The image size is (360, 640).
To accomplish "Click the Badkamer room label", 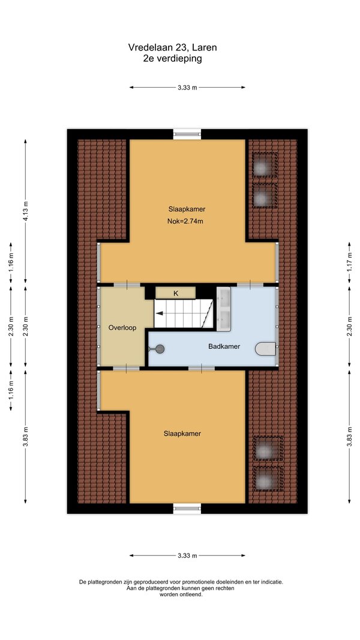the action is click(x=224, y=346).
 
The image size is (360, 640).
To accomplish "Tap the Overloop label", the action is click(x=122, y=327).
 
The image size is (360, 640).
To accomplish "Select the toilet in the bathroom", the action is click(x=266, y=349).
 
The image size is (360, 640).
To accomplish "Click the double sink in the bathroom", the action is click(x=223, y=309).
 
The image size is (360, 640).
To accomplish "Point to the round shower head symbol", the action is click(x=160, y=349).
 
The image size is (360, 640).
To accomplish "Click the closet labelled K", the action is click(x=176, y=292).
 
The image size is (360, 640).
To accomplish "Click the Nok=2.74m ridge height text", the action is click(x=185, y=222).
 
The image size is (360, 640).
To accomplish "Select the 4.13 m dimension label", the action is click(x=25, y=211).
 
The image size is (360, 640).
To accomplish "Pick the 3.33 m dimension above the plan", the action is click(x=187, y=87).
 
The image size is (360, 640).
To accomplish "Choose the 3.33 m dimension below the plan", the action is click(x=187, y=555).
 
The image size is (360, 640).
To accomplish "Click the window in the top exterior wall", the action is click(x=187, y=134).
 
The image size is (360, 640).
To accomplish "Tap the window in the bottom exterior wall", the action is click(x=187, y=508).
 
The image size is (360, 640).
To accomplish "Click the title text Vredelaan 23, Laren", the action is click(x=172, y=47).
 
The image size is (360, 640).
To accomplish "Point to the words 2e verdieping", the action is click(x=172, y=58).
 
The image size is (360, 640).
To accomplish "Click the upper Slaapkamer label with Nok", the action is click(x=187, y=209).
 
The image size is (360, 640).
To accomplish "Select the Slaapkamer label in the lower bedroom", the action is click(x=182, y=433).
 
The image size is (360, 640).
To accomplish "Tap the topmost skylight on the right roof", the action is click(x=265, y=165).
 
